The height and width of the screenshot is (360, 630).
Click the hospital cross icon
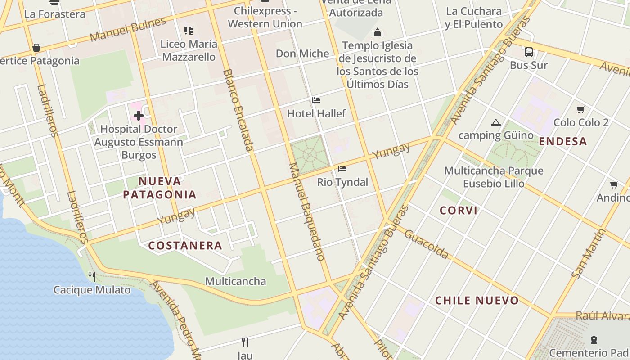[x=138, y=116]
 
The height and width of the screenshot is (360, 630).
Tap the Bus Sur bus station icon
[x=529, y=52]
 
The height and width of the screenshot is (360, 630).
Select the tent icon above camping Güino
[x=495, y=122]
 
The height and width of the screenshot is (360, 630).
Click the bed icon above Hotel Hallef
[x=316, y=100]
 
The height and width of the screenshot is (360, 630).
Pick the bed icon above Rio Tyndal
[x=342, y=169]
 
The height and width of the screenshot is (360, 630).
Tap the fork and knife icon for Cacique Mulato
[x=92, y=276]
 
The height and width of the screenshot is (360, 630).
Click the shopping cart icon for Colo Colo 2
[x=581, y=109]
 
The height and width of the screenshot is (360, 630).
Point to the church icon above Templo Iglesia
[x=378, y=32]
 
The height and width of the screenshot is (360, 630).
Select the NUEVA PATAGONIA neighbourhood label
[x=160, y=188]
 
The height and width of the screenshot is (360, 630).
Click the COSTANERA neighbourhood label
[x=185, y=246]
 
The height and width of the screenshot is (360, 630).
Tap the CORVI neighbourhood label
[x=459, y=211]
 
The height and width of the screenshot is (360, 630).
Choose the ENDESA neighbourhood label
[x=563, y=142]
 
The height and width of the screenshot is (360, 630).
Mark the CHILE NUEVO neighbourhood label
[x=477, y=301]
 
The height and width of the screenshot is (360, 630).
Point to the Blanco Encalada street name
[x=238, y=110]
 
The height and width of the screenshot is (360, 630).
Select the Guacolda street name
[x=426, y=244]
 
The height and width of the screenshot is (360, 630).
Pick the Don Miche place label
[x=302, y=54]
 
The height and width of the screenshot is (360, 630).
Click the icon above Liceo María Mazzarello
[x=189, y=31]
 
